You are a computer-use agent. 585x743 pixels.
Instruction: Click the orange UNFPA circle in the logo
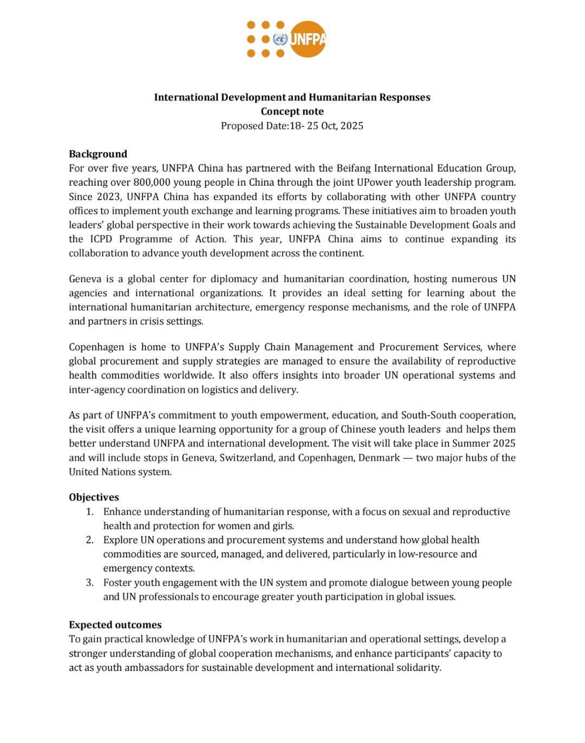pyautogui.click(x=308, y=39)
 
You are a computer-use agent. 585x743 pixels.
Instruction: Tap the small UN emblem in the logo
pyautogui.click(x=280, y=39)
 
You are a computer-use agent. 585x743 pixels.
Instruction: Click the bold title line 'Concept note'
pyautogui.click(x=292, y=111)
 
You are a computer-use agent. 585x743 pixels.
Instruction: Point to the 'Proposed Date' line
pyautogui.click(x=292, y=126)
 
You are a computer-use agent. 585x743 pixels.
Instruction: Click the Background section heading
pyautogui.click(x=98, y=154)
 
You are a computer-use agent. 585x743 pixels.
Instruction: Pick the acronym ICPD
pyautogui.click(x=101, y=239)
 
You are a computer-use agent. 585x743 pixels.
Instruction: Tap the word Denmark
pyautogui.click(x=379, y=458)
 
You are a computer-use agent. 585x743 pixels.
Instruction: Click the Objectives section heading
pyautogui.click(x=94, y=497)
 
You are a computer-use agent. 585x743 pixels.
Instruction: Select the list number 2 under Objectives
pyautogui.click(x=89, y=540)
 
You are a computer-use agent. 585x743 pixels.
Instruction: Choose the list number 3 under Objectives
pyautogui.click(x=89, y=583)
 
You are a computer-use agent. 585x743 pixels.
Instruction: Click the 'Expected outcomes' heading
pyautogui.click(x=115, y=625)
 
